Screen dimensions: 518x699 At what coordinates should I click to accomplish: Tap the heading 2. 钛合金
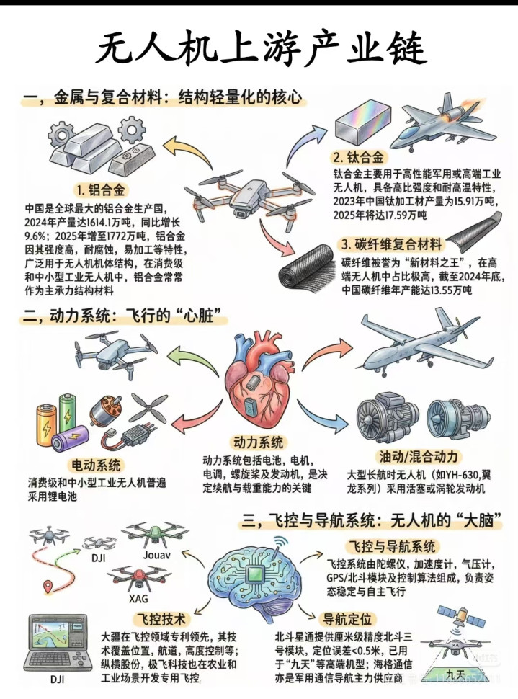tap(359, 157)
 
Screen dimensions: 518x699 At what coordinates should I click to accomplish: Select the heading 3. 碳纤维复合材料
tap(392, 245)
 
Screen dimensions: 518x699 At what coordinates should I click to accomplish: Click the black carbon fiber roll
tap(308, 270)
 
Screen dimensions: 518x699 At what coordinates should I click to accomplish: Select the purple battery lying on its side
tap(70, 437)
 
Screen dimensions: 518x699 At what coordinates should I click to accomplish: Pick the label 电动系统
tap(96, 466)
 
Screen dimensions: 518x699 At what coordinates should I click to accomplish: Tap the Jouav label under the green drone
tap(157, 555)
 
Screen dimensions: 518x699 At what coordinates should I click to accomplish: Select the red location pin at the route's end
tap(47, 586)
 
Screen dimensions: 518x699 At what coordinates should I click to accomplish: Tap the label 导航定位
tap(347, 619)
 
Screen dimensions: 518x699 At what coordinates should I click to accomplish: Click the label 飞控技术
tap(161, 619)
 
